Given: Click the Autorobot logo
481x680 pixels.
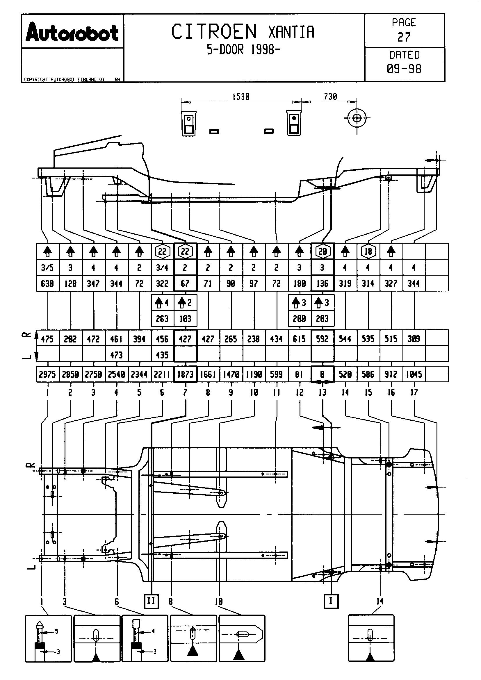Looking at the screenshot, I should tap(72, 33).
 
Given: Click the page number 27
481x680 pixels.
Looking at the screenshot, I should tap(404, 37).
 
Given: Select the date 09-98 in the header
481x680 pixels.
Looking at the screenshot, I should tap(404, 69).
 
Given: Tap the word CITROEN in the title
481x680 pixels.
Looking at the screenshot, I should tap(214, 32).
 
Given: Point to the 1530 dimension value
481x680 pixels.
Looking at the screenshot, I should tap(241, 97).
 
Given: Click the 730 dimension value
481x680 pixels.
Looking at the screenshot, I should tap(330, 97).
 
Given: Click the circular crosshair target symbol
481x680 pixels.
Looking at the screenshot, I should tap(357, 118).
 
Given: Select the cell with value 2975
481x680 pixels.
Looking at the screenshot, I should tap(47, 374).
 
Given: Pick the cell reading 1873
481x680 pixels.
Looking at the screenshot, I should tap(185, 374).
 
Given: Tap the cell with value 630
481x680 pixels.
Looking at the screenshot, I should tap(47, 283).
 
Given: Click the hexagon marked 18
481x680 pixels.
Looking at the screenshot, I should tap(368, 251).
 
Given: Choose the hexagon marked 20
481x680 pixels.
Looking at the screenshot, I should tap(323, 251).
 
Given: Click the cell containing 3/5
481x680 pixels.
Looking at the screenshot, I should tap(47, 268).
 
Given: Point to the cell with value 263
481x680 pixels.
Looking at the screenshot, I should tap(162, 319).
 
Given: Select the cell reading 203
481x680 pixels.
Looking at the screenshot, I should tap(322, 319).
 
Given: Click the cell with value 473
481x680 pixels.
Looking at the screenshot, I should tap(116, 355).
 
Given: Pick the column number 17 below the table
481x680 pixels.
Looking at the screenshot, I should tap(414, 392).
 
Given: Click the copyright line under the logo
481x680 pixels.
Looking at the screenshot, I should tap(64, 79).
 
